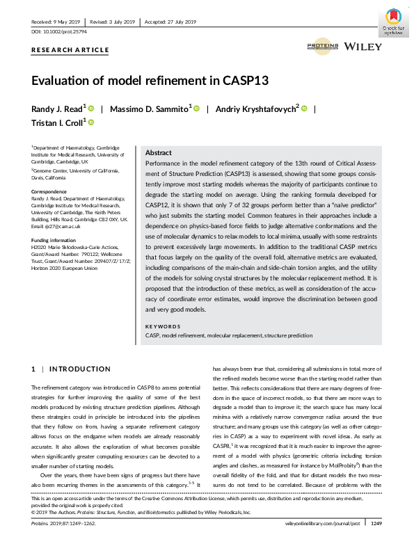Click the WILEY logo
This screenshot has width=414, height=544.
[x=363, y=46]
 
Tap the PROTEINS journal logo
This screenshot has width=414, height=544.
[x=322, y=46]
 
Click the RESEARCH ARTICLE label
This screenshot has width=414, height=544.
[x=70, y=50]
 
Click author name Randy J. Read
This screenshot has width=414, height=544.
[x=56, y=109]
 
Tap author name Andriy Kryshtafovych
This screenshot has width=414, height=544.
[x=255, y=109]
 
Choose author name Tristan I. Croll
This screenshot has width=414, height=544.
[x=56, y=123]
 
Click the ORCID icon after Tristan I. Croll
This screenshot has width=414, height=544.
[x=90, y=122]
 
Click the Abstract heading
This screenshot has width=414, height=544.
[x=159, y=153]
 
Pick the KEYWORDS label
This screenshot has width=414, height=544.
[x=163, y=326]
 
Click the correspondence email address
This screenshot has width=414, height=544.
[x=61, y=226]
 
